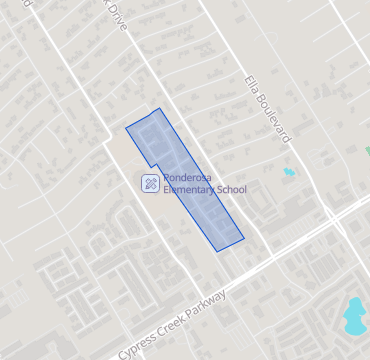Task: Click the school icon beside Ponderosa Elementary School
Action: [149, 183]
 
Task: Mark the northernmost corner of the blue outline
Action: [159, 108]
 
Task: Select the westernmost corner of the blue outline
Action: [126, 128]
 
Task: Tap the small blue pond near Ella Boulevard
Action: [289, 172]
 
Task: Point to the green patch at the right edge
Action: [367, 150]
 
